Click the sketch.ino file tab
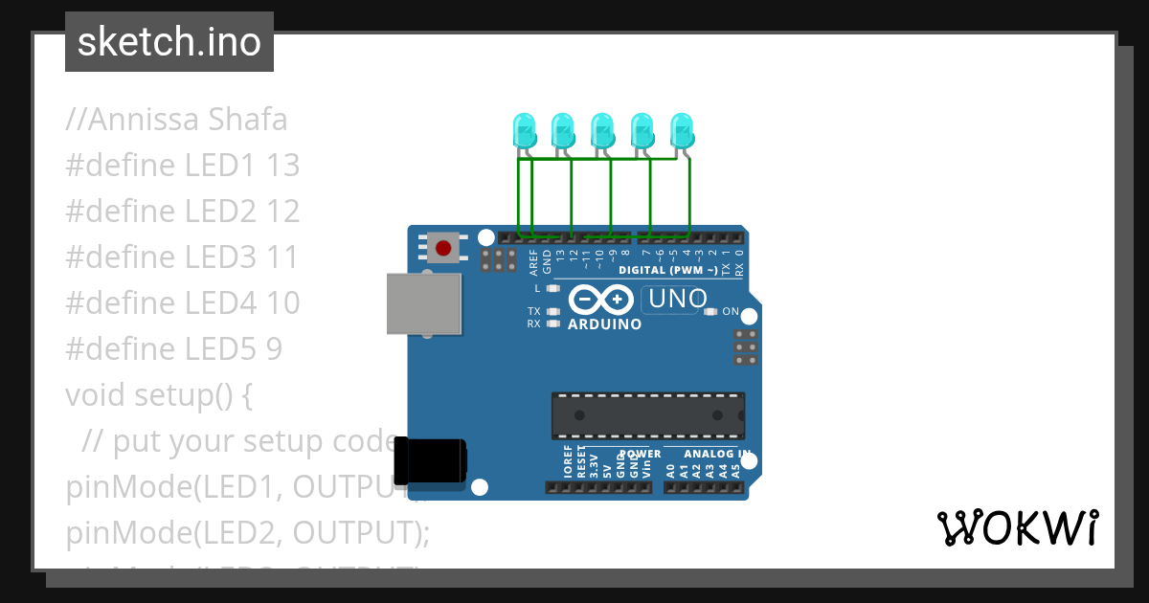click(169, 42)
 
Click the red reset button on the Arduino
click(442, 249)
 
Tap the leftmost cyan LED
click(524, 129)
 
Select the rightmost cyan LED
click(681, 129)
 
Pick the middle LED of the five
click(602, 129)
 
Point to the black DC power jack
click(432, 460)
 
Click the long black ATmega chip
click(647, 415)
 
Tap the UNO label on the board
click(677, 300)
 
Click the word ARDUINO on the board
click(604, 324)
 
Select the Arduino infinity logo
click(600, 301)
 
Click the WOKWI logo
click(1017, 528)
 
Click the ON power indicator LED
click(710, 312)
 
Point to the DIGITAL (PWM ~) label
click(667, 270)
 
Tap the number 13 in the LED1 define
click(282, 166)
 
